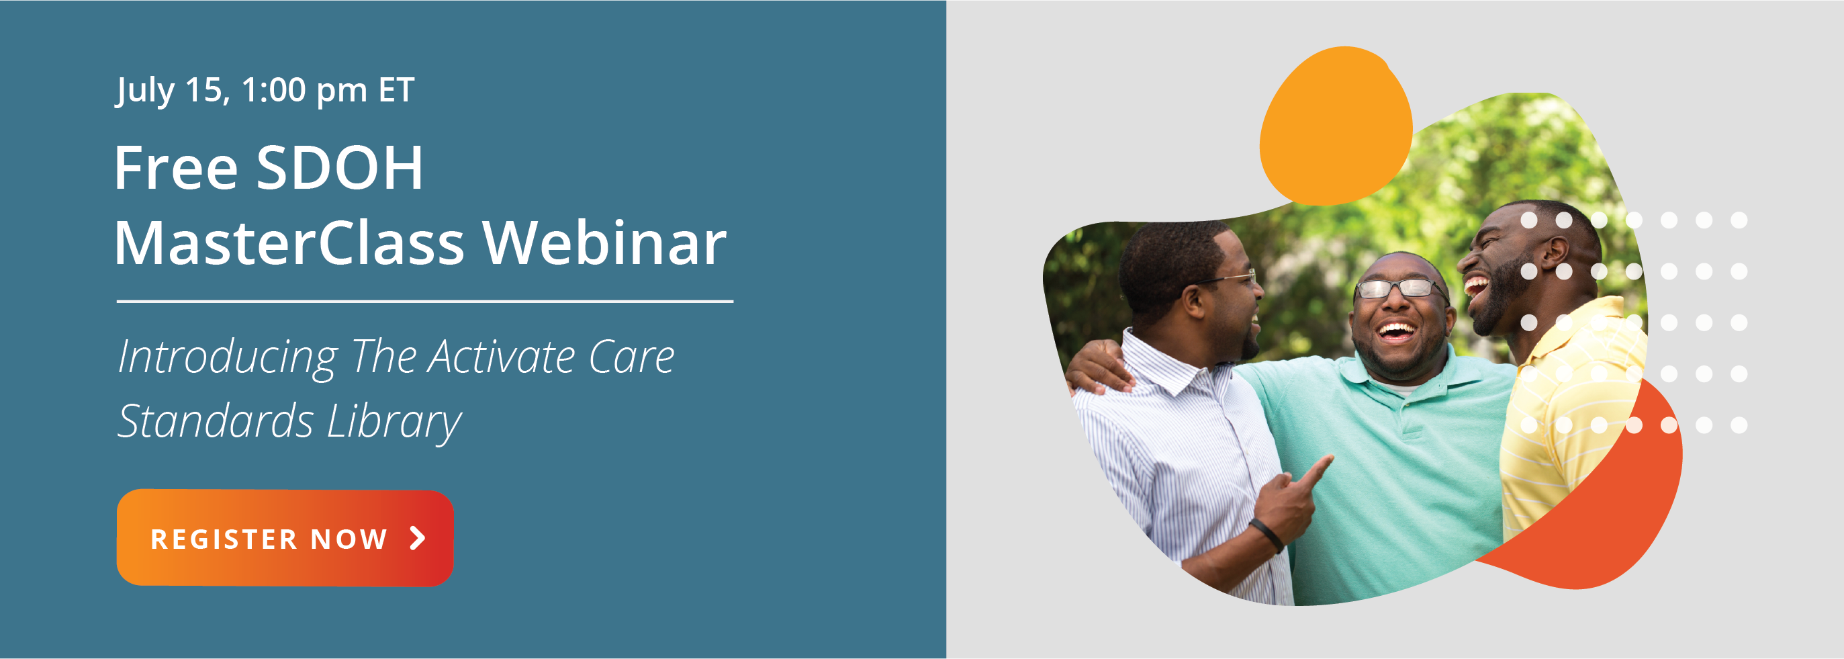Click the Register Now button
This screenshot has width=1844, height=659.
[285, 538]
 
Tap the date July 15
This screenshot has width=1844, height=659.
[173, 91]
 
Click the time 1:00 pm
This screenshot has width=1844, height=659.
[304, 91]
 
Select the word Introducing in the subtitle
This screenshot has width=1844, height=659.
[228, 357]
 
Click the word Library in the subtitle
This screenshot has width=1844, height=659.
[394, 421]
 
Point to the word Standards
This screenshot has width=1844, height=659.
[216, 421]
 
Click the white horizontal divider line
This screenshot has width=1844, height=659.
[425, 302]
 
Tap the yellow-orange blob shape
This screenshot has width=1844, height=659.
[1335, 126]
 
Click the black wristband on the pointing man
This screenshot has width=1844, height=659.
[1266, 534]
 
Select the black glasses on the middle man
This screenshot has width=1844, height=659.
[1401, 289]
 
